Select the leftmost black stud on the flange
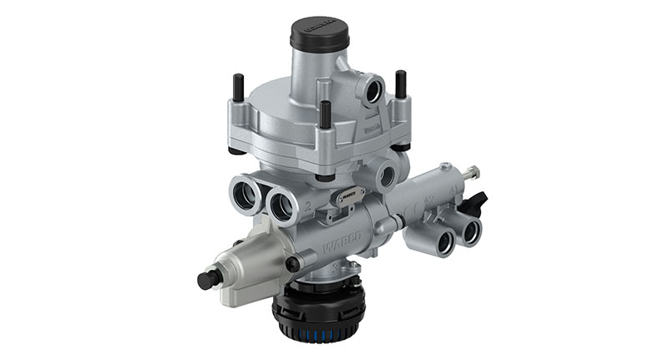coord(239,87)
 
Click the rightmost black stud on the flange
coord(401,83)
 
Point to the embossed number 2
coord(308,205)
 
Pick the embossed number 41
coord(456,191)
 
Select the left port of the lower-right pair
coord(443,241)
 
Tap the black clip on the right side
coord(478,200)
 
